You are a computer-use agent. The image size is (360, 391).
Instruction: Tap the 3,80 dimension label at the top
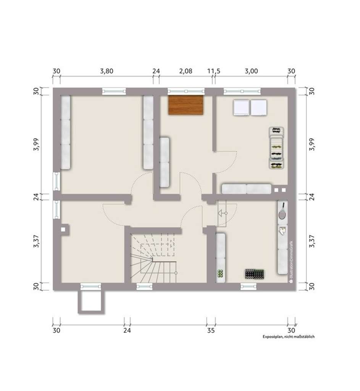tap(107, 71)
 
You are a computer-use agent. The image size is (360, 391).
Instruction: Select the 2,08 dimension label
tap(186, 71)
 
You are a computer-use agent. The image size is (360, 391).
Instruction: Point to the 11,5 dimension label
tap(214, 71)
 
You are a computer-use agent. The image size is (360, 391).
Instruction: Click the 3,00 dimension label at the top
tap(251, 71)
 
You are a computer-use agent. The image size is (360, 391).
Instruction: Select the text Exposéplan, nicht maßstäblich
tap(288, 337)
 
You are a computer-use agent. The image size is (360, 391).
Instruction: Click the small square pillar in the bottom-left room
tap(63, 229)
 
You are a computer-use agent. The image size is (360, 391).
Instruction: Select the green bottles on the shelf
tap(220, 273)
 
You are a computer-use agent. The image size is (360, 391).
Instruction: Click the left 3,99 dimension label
tap(36, 144)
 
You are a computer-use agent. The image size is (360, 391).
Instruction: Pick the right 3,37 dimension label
tap(312, 241)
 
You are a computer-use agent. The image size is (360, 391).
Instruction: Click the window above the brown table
tap(186, 91)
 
